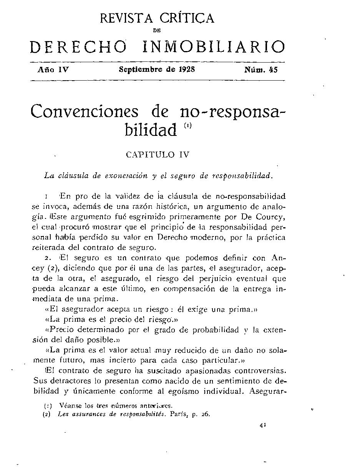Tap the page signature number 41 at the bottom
tap(263, 425)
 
